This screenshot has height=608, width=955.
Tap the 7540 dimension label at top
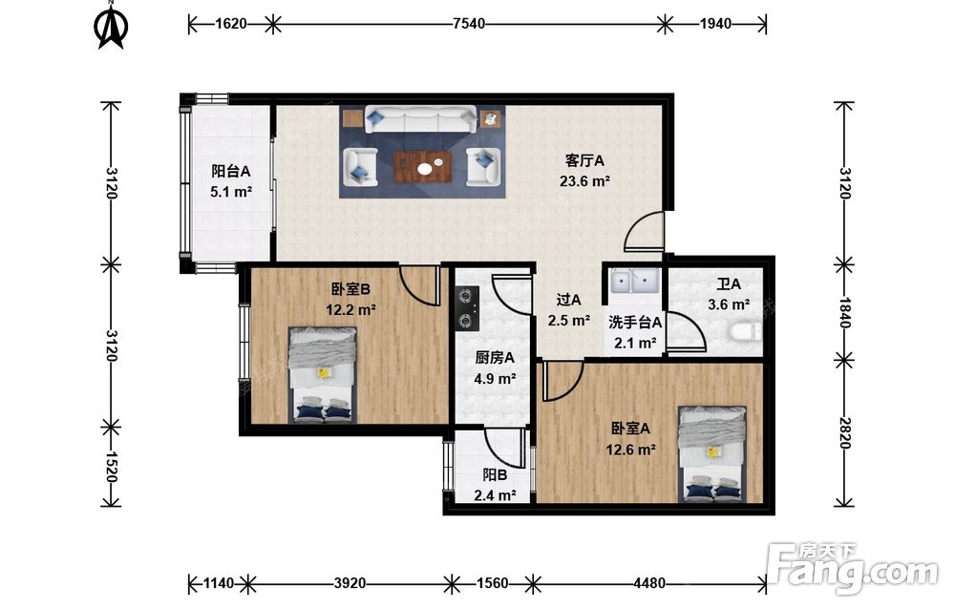(469, 24)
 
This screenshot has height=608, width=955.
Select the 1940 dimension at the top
(715, 24)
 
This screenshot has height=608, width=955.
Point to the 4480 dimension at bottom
(649, 583)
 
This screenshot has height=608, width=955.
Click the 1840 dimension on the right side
(844, 312)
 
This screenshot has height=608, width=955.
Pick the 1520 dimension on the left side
(110, 467)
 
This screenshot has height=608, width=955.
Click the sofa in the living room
(421, 119)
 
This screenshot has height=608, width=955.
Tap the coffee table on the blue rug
(422, 166)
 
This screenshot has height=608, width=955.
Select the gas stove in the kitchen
(467, 308)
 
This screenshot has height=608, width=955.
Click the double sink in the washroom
(633, 282)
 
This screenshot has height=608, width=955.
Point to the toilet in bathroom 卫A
(745, 332)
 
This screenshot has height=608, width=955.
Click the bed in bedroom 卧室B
(322, 375)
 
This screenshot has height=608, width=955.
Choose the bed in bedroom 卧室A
(712, 454)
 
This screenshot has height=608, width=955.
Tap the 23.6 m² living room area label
(584, 180)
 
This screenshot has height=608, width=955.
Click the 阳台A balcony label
(231, 171)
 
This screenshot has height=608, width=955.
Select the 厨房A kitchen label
(495, 358)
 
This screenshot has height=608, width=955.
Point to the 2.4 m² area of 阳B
(495, 495)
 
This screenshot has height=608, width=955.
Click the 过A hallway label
(569, 300)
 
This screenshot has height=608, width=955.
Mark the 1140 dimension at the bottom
(218, 583)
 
